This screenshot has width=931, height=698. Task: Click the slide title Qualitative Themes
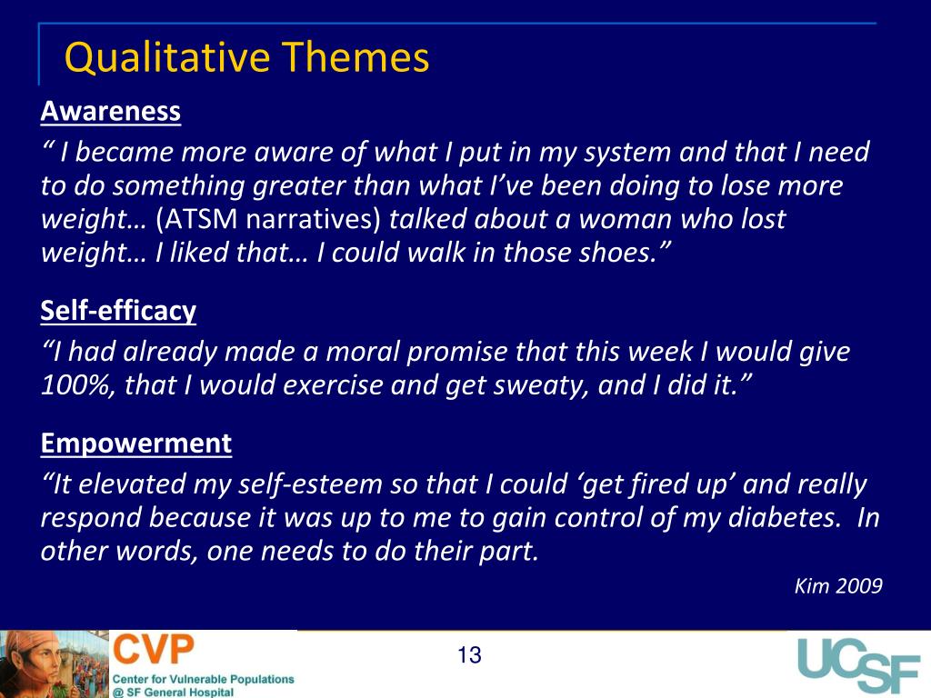tap(246, 58)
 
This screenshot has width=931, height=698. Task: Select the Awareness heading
tap(111, 112)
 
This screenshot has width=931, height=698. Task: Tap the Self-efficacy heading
tap(118, 312)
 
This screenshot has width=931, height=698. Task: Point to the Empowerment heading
tap(136, 444)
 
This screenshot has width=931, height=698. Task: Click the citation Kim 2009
tap(837, 586)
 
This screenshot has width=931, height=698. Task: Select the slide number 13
tap(469, 655)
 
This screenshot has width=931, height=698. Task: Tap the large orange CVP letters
tap(153, 651)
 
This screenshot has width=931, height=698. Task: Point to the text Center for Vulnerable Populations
tap(204, 678)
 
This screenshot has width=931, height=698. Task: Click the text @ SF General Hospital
tap(173, 692)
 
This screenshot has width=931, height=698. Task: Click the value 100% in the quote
tap(78, 386)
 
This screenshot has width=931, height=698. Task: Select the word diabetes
tap(803, 518)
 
